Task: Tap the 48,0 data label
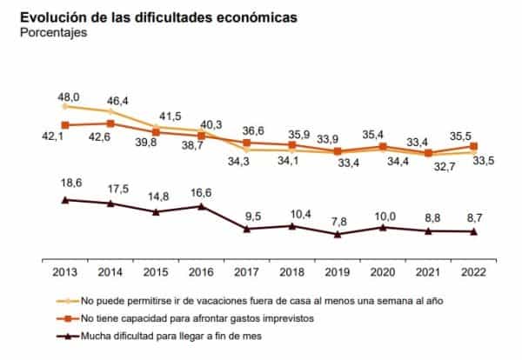click(69, 90)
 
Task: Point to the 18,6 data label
click(69, 183)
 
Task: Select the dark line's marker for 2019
click(338, 234)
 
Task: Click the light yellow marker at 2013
click(65, 105)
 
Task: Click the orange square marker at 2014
click(110, 123)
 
